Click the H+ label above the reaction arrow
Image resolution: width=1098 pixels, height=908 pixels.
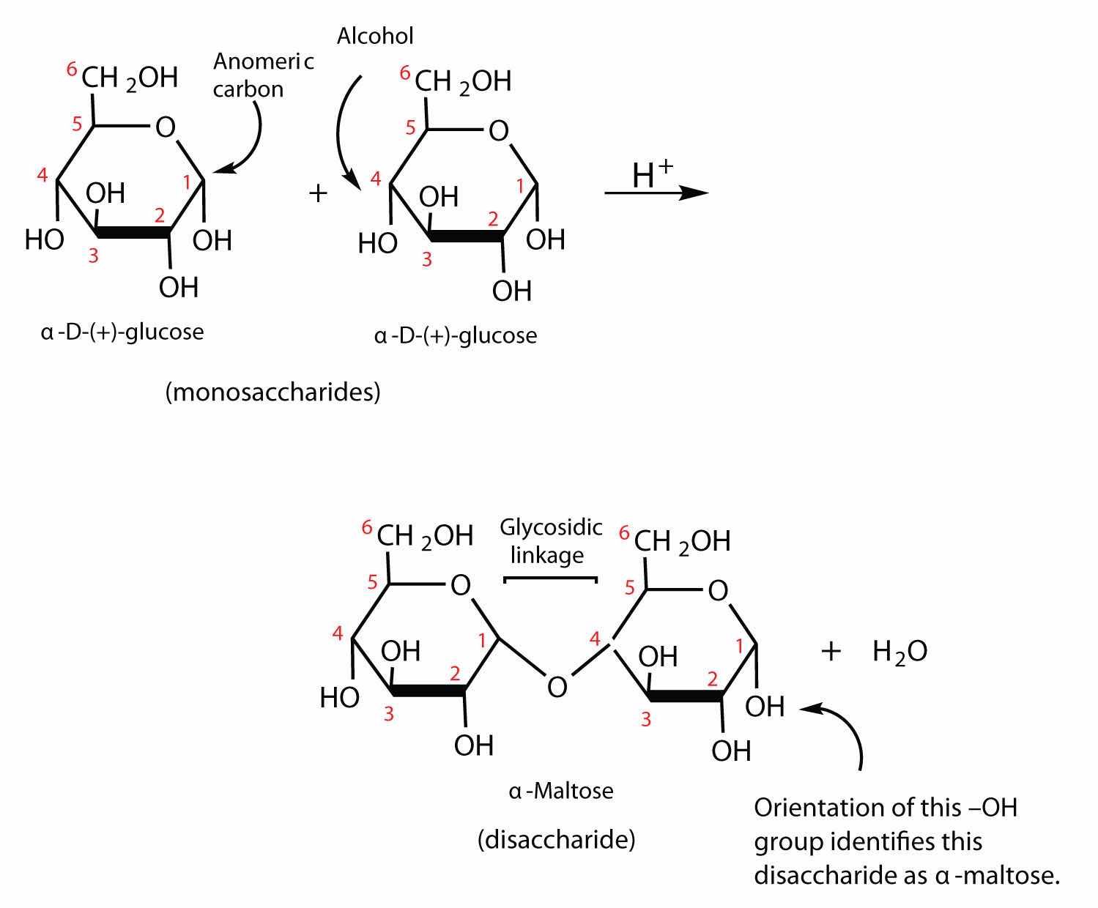[652, 174]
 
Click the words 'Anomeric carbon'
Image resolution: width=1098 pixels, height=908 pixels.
[262, 75]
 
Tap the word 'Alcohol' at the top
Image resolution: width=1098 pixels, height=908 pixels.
[375, 35]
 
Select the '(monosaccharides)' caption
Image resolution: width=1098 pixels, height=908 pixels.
[272, 392]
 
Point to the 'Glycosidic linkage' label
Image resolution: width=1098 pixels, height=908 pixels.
[551, 540]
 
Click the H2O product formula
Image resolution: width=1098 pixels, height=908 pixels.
[899, 651]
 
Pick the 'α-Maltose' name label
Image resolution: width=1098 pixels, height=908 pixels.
[561, 791]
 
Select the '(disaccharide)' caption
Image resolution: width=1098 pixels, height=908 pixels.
[556, 839]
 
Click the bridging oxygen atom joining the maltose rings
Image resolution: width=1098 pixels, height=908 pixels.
[557, 687]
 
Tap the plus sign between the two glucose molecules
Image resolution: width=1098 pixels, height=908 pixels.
[317, 193]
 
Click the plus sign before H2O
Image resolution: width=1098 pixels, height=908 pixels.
[830, 651]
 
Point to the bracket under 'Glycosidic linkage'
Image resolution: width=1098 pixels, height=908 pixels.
[551, 579]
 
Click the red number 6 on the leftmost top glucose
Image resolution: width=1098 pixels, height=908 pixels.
[71, 70]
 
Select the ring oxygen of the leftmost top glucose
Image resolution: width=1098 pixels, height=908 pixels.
[166, 127]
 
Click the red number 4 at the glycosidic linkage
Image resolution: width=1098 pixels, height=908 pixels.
[596, 639]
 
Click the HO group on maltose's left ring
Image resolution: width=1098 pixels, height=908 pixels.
[339, 697]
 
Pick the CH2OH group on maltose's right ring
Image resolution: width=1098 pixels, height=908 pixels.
[682, 542]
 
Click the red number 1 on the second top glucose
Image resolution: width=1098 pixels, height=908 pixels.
[521, 187]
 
